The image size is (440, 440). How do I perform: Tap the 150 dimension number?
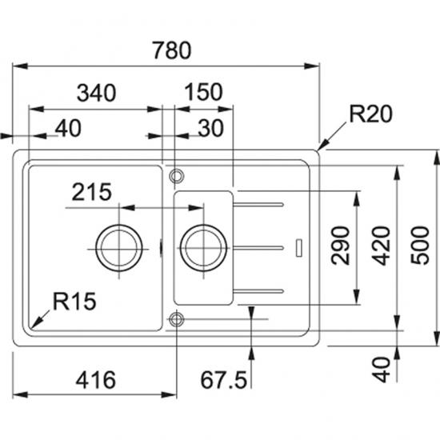[202, 93]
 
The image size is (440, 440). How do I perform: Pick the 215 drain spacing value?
[91, 192]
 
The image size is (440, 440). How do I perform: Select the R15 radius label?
[74, 302]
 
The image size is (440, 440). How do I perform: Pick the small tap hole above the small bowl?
[176, 174]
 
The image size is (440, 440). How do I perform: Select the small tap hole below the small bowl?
[176, 320]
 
